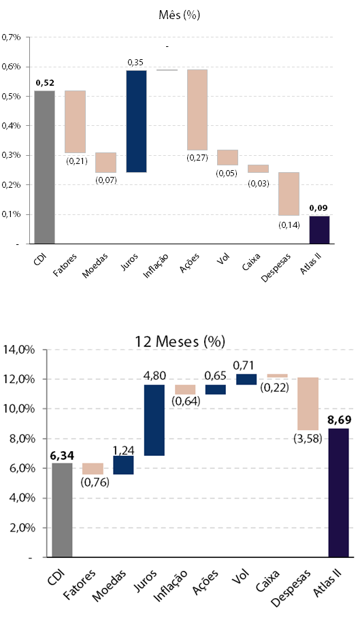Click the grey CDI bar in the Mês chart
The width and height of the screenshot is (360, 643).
click(x=44, y=167)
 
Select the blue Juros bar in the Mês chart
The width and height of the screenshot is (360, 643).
click(x=137, y=121)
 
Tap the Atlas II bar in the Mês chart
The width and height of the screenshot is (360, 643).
click(x=319, y=230)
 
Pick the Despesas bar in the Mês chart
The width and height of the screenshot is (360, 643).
click(x=289, y=193)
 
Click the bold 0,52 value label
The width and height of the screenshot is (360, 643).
click(x=45, y=83)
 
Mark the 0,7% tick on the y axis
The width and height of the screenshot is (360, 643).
click(x=11, y=37)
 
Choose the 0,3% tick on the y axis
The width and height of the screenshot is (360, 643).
click(x=11, y=155)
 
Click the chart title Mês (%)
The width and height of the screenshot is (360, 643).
click(x=179, y=15)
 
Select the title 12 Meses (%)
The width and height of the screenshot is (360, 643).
click(x=180, y=341)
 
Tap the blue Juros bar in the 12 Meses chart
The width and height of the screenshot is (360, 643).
click(x=154, y=420)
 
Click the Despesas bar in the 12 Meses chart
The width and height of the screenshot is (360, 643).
click(x=308, y=403)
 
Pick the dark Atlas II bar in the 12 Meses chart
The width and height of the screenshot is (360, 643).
click(x=339, y=493)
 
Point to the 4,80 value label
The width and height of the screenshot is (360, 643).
click(x=154, y=376)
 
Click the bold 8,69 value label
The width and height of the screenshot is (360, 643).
click(x=339, y=421)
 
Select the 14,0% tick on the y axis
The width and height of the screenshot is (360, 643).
click(x=20, y=350)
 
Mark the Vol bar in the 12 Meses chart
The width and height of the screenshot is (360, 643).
click(x=246, y=379)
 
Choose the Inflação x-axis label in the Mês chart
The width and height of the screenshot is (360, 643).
click(x=156, y=266)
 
